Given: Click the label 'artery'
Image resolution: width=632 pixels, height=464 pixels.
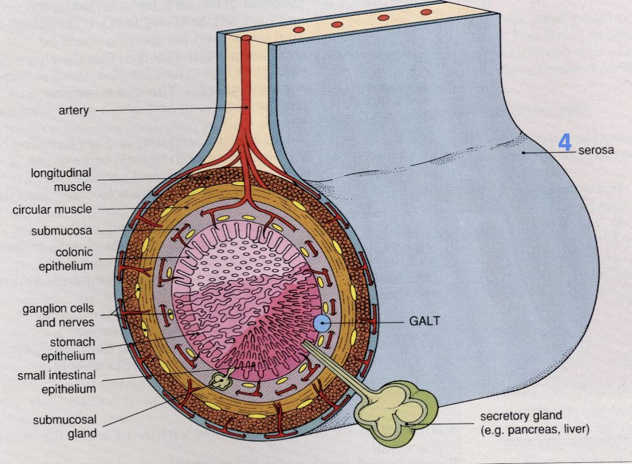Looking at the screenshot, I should coord(74,110).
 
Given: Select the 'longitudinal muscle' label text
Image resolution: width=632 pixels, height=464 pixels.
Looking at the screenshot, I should coord(61,179).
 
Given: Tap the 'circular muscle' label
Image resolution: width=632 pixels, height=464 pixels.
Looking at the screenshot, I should coord(52,209).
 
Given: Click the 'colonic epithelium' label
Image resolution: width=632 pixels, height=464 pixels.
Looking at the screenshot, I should coord(66,258).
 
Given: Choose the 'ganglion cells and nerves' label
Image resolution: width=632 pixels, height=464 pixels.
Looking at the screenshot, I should coord(58,315).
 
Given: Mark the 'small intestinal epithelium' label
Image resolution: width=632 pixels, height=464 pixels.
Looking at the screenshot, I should coord(56,381).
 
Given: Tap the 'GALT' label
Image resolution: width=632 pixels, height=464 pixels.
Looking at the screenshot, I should coord(424,322).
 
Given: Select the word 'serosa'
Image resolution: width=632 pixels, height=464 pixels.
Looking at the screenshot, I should coord(596,150).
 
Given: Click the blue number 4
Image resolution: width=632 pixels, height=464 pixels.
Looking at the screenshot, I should coord(564,142).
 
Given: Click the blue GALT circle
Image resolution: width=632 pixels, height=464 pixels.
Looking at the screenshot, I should coord(322,323).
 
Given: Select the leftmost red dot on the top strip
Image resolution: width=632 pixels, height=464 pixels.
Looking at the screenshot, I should coord(299,30).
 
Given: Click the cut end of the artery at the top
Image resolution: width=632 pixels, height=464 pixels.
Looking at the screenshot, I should coord(247,38).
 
